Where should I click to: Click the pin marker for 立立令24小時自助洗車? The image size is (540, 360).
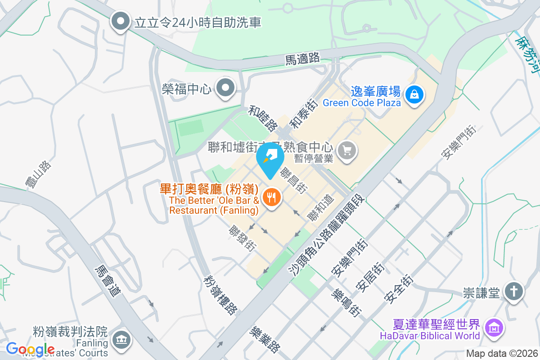120,21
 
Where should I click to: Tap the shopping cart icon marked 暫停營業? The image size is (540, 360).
346,150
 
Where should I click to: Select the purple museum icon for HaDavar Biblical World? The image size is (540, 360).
494,329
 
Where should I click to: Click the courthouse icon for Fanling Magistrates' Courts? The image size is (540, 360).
121,339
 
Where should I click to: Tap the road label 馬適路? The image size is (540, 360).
303,58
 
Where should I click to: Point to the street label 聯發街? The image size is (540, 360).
243,238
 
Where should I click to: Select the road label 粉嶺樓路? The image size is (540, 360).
220,295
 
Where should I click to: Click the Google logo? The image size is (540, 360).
30,349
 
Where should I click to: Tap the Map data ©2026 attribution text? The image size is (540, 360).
501,354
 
